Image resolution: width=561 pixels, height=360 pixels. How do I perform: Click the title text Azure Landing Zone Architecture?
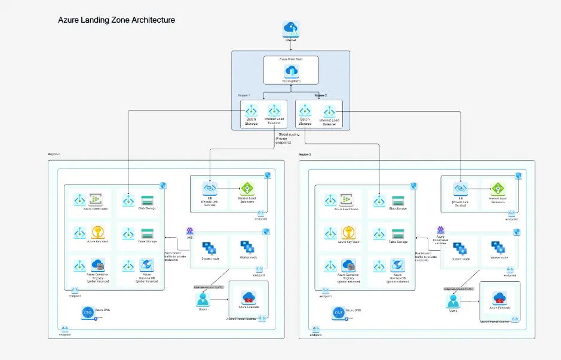click(117, 20)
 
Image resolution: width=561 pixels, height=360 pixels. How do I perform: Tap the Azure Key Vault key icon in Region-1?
click(97, 232)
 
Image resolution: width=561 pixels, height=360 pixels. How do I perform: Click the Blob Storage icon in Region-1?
click(147, 201)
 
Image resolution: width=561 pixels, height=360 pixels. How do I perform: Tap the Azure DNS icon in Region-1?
click(88, 313)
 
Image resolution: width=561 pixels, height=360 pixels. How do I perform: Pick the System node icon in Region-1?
click(210, 248)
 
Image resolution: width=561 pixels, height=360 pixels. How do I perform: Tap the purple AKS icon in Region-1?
click(189, 231)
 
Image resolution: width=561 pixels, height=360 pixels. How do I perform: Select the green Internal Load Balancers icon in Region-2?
click(498, 189)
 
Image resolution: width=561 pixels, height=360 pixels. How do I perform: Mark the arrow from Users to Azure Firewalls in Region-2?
click(472, 301)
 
